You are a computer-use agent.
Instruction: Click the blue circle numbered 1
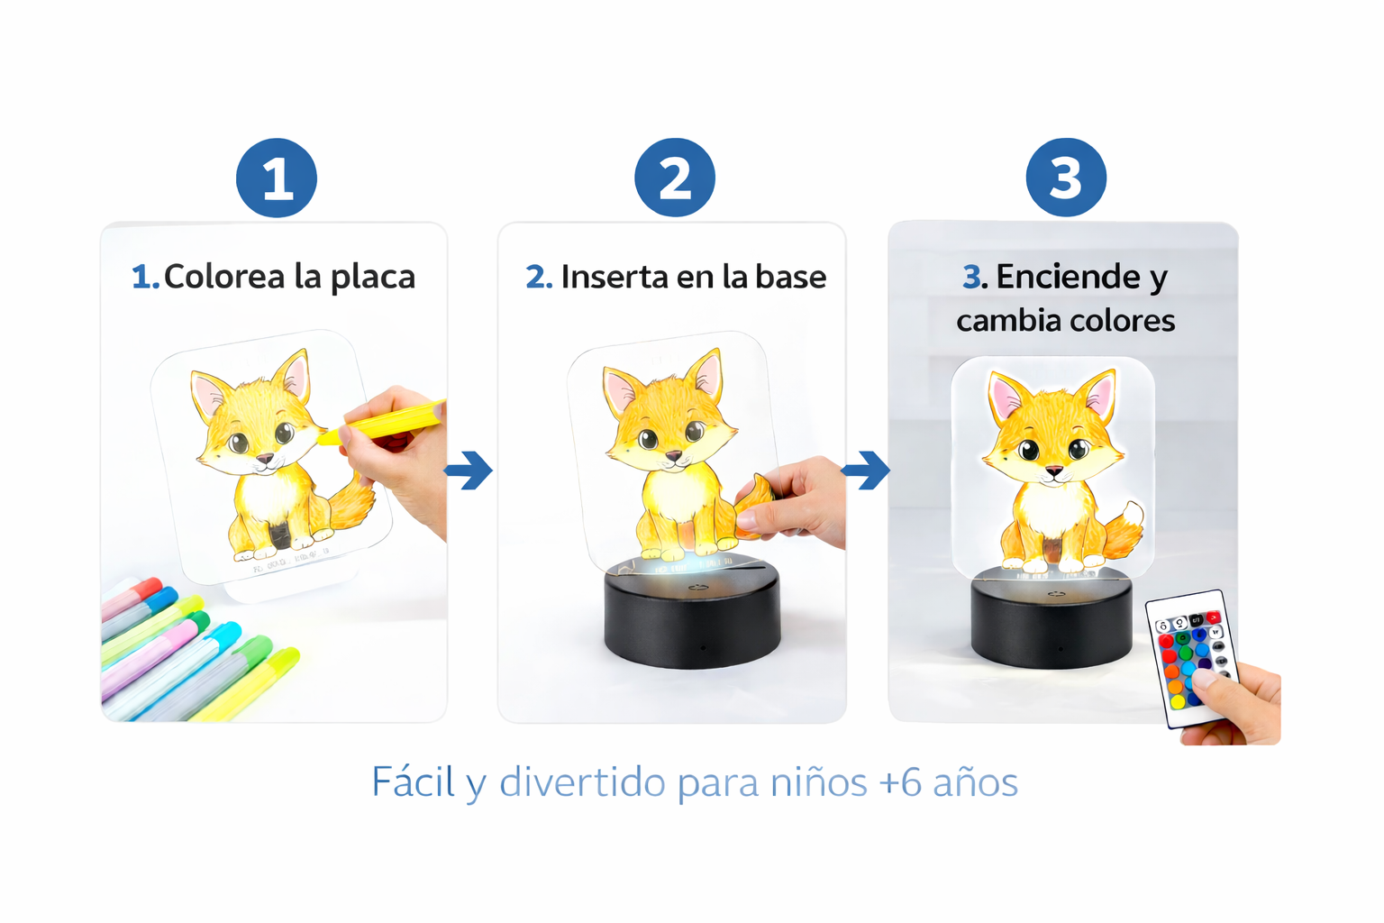(x=277, y=178)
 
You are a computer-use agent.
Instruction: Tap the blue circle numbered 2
(x=675, y=178)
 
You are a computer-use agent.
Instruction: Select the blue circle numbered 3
(x=1066, y=178)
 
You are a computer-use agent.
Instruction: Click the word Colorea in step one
(x=224, y=277)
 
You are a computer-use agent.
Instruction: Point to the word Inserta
(x=614, y=277)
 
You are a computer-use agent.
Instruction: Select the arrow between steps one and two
(x=469, y=471)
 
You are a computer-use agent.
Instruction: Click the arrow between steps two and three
(x=867, y=470)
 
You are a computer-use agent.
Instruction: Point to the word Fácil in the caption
(x=413, y=782)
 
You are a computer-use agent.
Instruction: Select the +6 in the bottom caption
(x=900, y=782)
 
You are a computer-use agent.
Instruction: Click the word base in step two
(x=790, y=277)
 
